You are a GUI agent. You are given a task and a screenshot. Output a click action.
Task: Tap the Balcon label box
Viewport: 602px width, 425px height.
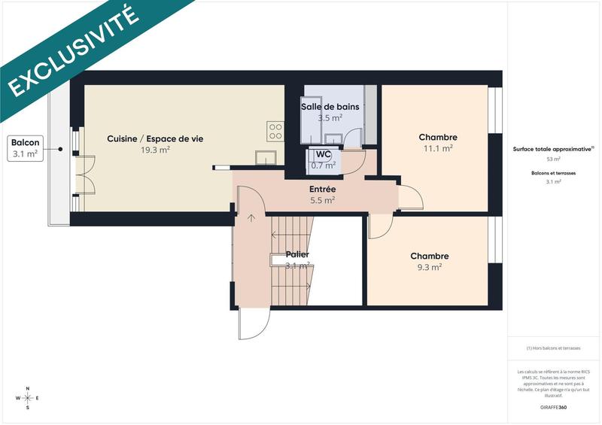(26, 148)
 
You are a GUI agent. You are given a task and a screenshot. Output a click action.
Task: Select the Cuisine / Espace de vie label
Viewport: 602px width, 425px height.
(155, 138)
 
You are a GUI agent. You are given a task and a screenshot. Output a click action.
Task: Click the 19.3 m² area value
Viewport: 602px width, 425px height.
(155, 150)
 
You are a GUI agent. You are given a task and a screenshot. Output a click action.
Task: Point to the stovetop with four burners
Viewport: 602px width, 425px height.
(275, 132)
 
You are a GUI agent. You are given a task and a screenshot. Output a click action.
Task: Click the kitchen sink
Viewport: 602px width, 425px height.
(265, 156)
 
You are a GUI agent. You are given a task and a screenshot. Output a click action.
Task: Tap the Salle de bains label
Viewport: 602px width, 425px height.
(330, 107)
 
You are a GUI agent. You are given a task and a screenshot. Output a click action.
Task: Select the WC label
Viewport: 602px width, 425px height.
(324, 154)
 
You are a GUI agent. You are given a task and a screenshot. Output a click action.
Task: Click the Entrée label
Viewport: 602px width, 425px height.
(322, 190)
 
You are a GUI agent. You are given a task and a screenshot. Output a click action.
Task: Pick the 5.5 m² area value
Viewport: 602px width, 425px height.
(322, 200)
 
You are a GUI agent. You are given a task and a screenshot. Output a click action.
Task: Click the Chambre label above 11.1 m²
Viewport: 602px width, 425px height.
(438, 137)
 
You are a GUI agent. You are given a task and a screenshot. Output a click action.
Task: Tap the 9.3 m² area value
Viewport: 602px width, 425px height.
(429, 266)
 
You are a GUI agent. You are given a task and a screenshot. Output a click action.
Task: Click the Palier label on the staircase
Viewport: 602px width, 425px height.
(297, 255)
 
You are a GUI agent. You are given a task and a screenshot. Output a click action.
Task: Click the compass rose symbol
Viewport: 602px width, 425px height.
(28, 398)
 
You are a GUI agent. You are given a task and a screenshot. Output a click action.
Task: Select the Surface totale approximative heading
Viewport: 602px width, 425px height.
(553, 149)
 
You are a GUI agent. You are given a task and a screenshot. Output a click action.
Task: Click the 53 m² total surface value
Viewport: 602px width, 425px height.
(553, 159)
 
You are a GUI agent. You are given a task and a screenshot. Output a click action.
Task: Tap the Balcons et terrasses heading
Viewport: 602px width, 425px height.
(553, 174)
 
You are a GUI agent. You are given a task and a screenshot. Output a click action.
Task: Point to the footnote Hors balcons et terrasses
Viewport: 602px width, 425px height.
(553, 348)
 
